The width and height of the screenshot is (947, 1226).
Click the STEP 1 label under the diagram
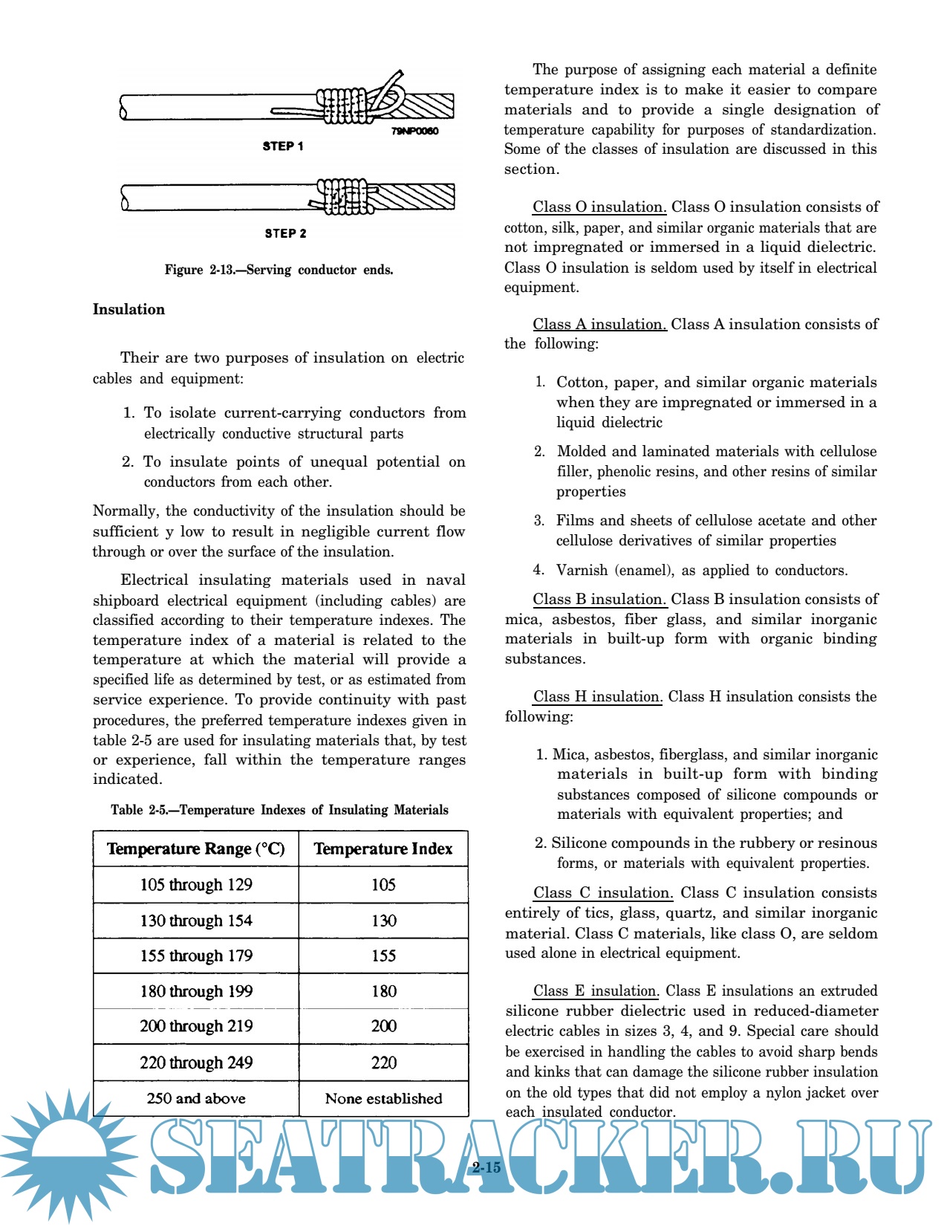(283, 146)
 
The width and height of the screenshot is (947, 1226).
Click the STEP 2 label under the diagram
(285, 233)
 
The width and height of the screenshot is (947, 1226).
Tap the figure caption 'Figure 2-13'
(279, 270)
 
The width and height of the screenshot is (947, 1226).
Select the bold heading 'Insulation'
(128, 310)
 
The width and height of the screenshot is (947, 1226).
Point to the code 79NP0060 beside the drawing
(415, 132)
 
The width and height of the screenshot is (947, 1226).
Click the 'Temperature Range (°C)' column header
(196, 849)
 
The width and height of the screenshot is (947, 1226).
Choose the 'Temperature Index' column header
(383, 849)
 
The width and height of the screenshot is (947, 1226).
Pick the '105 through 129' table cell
(196, 885)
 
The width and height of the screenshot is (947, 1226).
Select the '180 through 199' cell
(196, 992)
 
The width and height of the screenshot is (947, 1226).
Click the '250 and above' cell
(196, 1098)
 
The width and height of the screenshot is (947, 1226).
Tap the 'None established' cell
(383, 1098)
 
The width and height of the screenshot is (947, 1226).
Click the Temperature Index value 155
(384, 956)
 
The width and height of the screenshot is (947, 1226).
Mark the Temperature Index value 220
(384, 1063)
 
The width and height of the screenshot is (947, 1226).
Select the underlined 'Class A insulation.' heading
(599, 325)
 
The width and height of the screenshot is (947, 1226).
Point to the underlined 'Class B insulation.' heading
(599, 600)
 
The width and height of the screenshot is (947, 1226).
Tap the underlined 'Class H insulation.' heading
(597, 697)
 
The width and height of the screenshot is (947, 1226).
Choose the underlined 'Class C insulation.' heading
(603, 893)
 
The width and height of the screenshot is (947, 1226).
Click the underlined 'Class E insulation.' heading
(596, 991)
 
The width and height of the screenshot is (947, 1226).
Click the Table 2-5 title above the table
(279, 811)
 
